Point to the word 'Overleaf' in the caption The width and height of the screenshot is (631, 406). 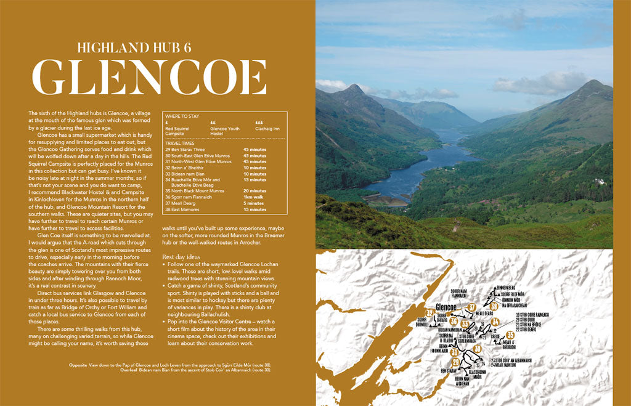click(80, 371)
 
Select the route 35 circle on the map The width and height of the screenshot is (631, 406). click(510, 335)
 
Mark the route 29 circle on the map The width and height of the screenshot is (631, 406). click(456, 362)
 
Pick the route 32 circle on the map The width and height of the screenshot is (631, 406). click(429, 313)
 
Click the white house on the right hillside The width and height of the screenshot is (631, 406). click(600, 182)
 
